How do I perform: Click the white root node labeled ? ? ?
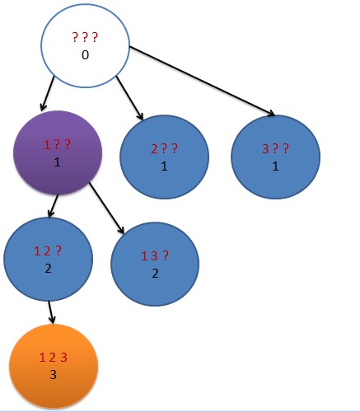[x=85, y=45]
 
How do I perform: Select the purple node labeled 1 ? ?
[x=58, y=152]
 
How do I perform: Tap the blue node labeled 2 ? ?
[x=164, y=157]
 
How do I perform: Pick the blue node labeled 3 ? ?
[x=275, y=157]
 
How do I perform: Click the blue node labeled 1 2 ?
[x=48, y=259]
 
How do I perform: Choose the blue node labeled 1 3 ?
[x=155, y=264]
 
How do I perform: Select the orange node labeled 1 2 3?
[x=54, y=366]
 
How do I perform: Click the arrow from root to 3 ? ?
[x=202, y=81]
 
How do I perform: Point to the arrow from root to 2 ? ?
[x=129, y=98]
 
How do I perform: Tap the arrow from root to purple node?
[x=47, y=94]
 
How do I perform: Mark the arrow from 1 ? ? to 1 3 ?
[x=107, y=208]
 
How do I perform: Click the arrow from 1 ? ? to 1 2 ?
[x=54, y=206]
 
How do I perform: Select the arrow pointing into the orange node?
[x=51, y=312]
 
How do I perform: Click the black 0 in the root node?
[x=85, y=55]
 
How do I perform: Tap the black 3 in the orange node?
[x=53, y=375]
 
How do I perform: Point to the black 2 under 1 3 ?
[x=155, y=274]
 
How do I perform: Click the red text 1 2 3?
[x=54, y=358]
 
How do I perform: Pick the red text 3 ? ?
[x=275, y=148]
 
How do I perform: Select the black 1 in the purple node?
[x=57, y=162]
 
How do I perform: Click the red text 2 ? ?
[x=165, y=148]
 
